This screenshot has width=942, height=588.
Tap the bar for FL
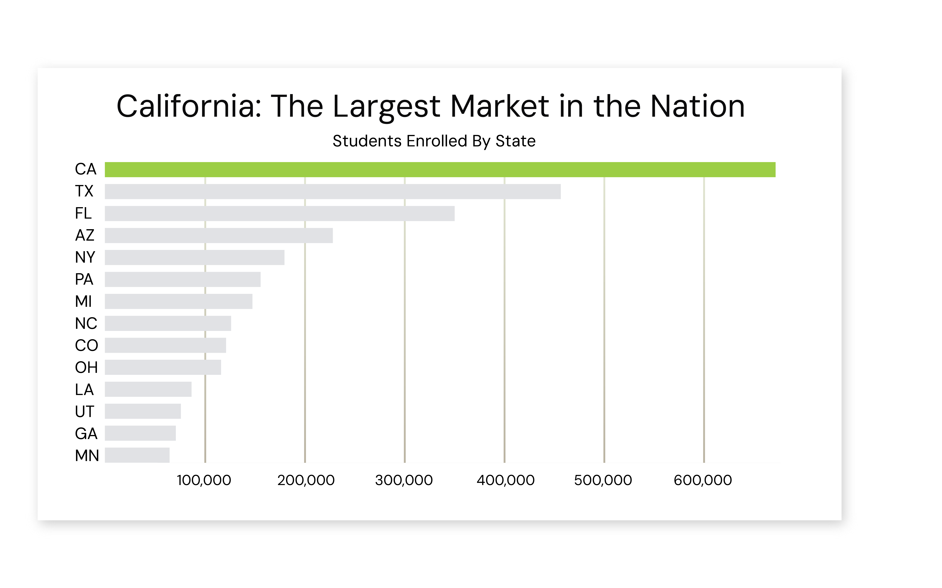(x=280, y=213)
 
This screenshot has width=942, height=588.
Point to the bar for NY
(x=194, y=258)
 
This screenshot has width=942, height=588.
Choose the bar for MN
(x=137, y=455)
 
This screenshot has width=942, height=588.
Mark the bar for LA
(x=148, y=389)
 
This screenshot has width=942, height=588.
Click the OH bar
(x=163, y=367)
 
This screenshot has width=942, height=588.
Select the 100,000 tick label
(x=204, y=480)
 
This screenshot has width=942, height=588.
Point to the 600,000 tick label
(x=703, y=480)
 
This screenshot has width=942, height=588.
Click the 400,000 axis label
(x=505, y=480)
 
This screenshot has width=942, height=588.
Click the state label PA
(x=84, y=279)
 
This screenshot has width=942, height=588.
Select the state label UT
(x=84, y=411)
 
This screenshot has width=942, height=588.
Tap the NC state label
(x=86, y=323)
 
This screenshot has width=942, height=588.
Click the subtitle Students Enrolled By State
(x=434, y=141)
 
